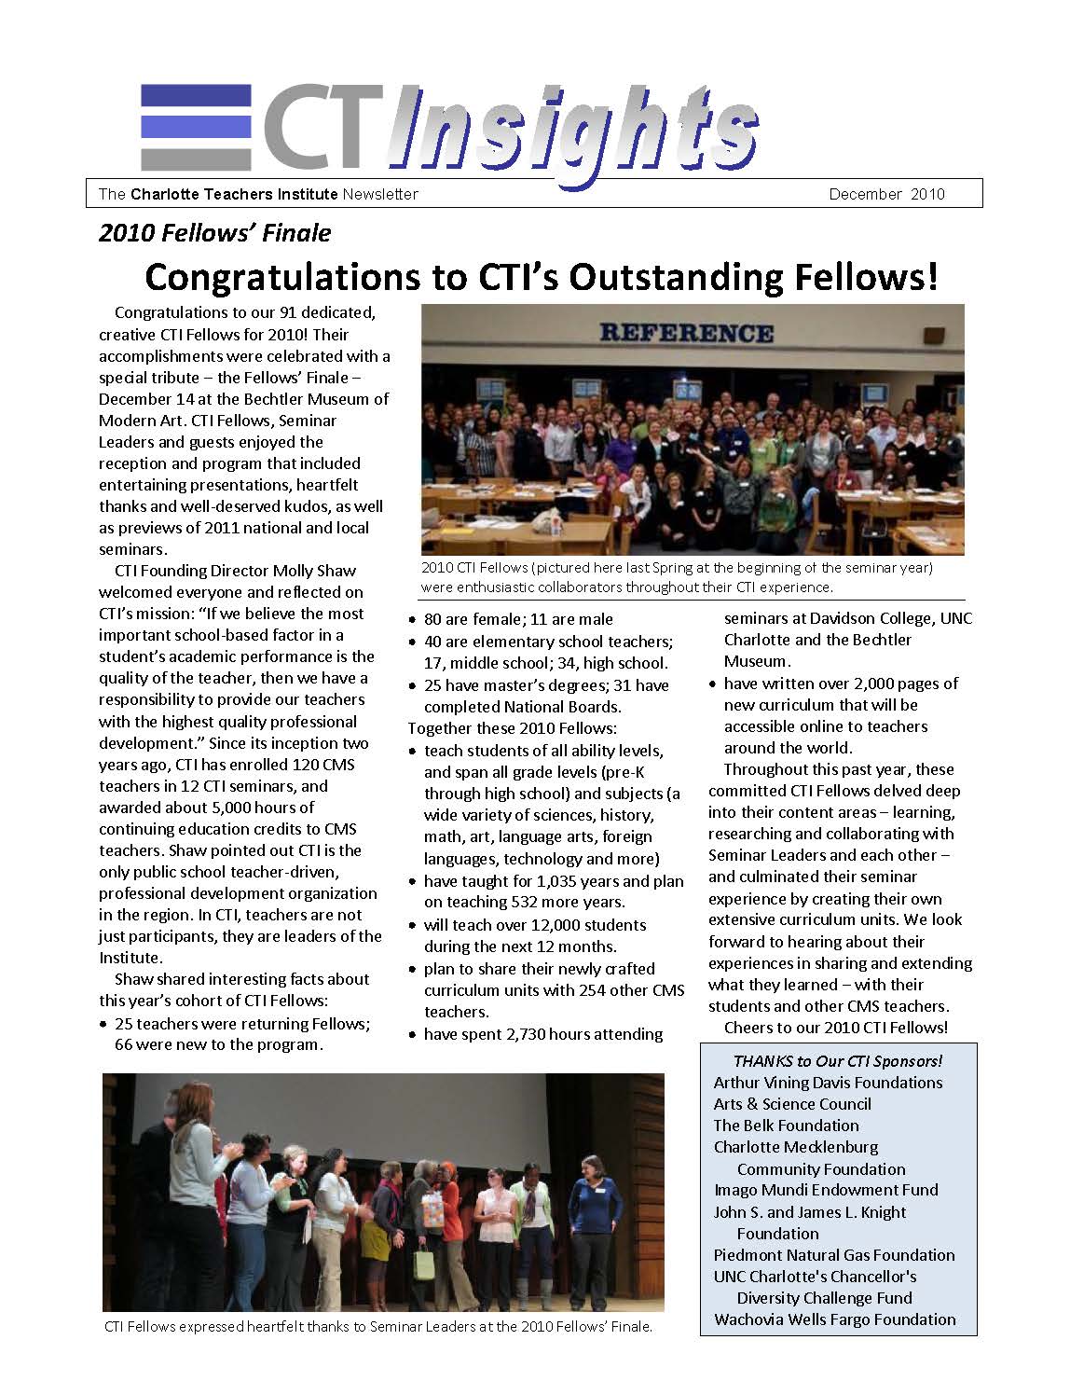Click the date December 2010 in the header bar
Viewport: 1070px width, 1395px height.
point(886,194)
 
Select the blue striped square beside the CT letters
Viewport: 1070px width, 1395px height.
point(196,125)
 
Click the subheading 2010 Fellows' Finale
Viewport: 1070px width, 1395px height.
point(215,232)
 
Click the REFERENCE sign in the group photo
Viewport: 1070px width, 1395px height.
point(686,333)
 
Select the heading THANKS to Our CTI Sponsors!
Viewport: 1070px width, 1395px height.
point(837,1060)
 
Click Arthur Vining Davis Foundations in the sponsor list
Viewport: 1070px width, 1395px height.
point(828,1083)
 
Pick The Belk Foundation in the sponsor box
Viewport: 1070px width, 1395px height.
point(786,1126)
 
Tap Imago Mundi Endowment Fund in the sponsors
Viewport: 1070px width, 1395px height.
point(826,1190)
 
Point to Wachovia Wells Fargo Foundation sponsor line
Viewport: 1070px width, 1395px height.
point(834,1319)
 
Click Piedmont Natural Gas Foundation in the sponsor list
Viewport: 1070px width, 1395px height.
point(833,1255)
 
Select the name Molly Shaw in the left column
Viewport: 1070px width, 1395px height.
point(314,571)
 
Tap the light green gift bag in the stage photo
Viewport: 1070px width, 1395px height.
point(425,1264)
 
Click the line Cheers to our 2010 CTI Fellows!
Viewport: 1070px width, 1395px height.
point(835,1028)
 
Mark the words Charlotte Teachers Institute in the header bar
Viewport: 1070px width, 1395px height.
point(234,194)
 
